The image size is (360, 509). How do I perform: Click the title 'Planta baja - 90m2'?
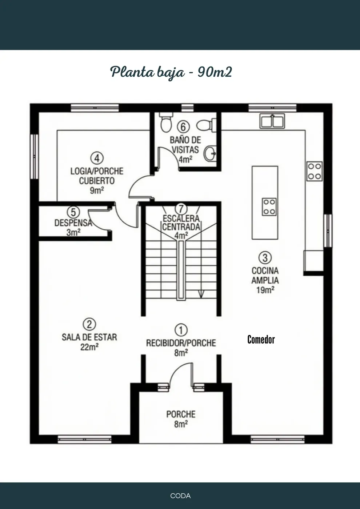[x=171, y=73]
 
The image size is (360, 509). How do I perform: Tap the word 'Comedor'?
[x=261, y=340]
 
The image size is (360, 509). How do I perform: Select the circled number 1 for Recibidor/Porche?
[x=181, y=330]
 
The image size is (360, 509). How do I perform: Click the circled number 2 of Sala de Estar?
[x=89, y=324]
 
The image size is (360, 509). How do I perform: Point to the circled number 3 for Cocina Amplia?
[x=265, y=258]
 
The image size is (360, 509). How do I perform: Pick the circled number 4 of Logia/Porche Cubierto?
[x=97, y=158]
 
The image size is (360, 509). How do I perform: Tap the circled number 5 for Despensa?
[x=73, y=212]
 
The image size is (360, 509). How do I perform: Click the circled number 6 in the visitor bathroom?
[x=183, y=127]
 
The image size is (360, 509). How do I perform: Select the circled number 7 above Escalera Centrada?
[x=181, y=208]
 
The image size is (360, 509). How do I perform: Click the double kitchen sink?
[x=272, y=121]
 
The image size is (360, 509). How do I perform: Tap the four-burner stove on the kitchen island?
[x=269, y=207]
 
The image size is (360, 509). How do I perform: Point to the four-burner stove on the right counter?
[x=315, y=171]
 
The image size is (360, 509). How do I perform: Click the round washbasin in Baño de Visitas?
[x=210, y=154]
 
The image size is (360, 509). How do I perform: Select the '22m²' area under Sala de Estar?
[x=89, y=346]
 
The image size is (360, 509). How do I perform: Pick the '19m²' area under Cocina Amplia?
[x=265, y=290]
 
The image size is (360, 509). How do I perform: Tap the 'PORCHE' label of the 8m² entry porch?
[x=181, y=414]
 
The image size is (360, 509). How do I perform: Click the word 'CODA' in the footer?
[x=180, y=496]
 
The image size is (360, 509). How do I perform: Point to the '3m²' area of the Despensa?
[x=73, y=232]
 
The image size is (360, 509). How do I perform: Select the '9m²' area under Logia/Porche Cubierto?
[x=97, y=191]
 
